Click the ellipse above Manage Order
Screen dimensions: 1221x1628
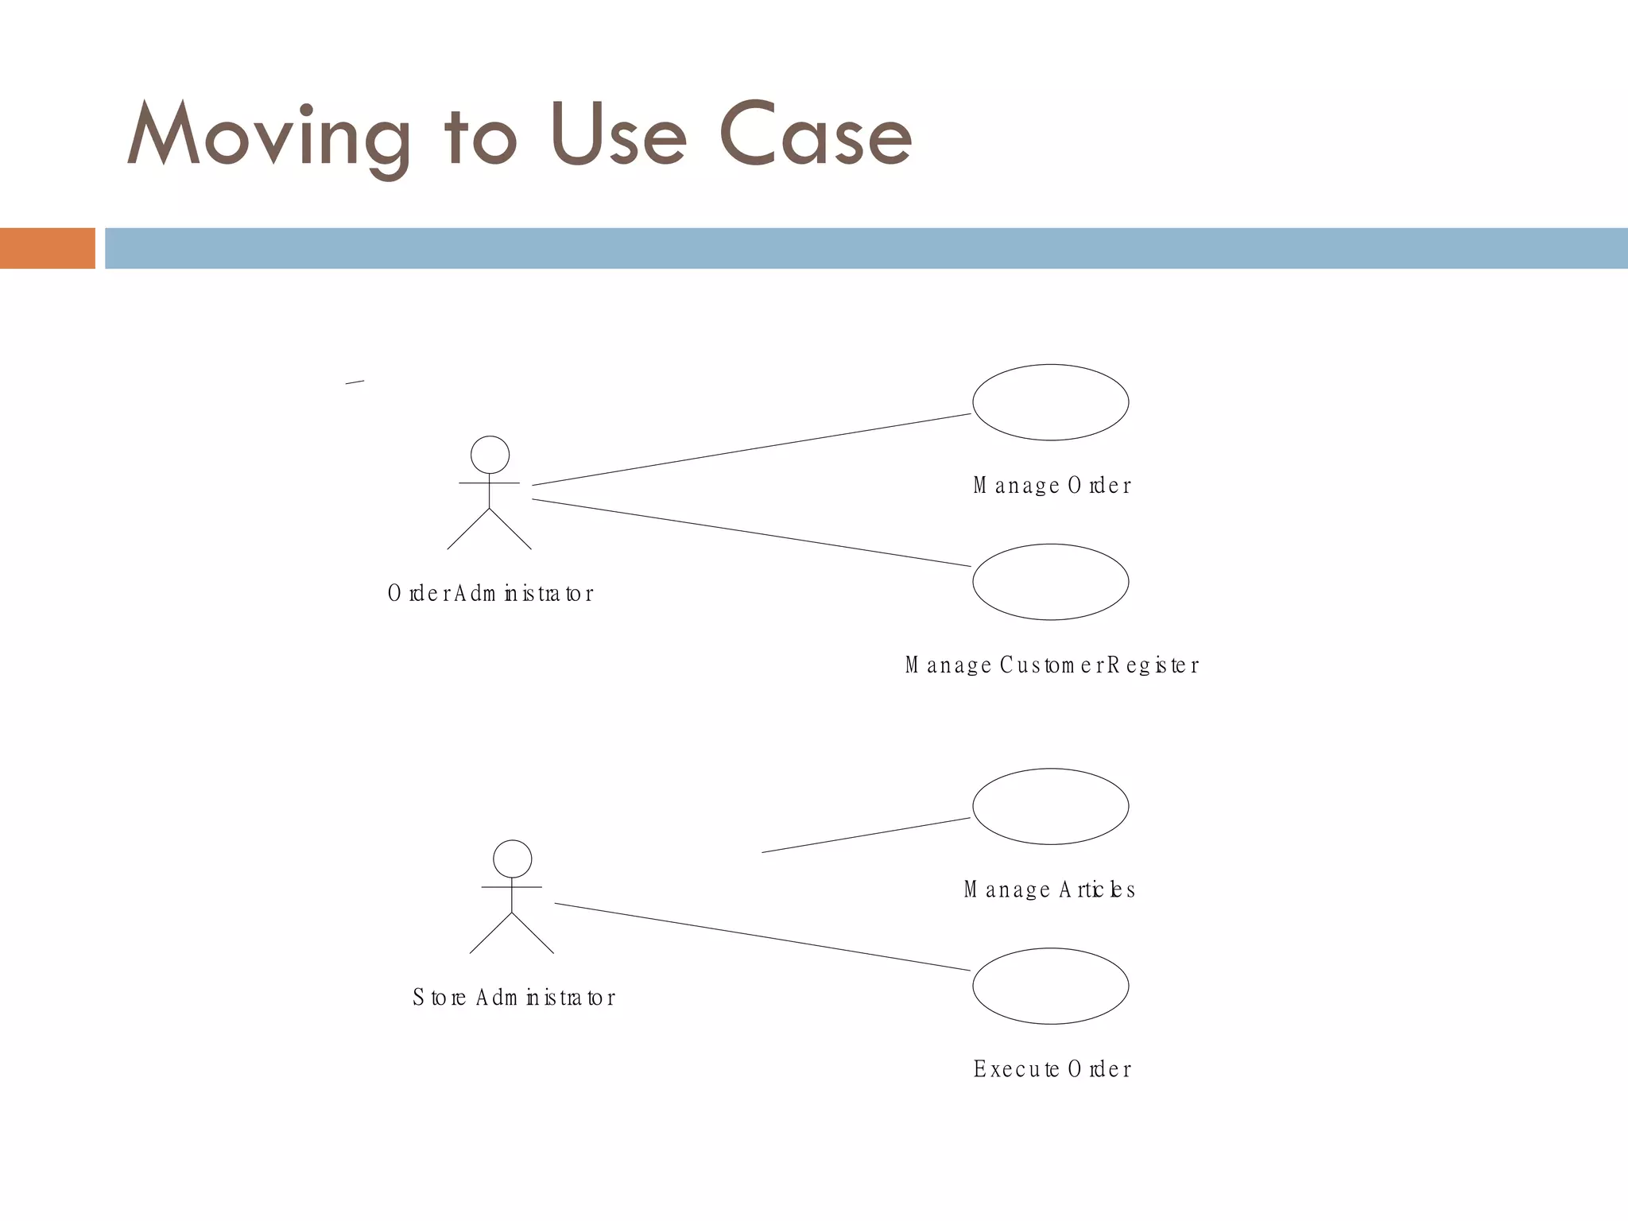point(1050,402)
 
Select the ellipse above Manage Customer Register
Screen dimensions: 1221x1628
point(1050,582)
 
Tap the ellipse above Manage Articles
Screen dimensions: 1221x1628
point(1050,806)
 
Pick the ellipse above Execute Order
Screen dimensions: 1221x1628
point(1050,986)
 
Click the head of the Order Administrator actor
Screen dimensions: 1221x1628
point(490,455)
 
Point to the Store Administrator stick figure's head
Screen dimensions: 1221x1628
point(512,859)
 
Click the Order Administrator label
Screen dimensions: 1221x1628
point(490,594)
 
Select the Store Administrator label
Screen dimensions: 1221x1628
point(514,998)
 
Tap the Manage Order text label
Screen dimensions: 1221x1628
point(1052,486)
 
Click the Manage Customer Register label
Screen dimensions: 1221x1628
point(1052,665)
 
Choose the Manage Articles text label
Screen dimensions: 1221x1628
point(1049,890)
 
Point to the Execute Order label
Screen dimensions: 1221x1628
point(1052,1069)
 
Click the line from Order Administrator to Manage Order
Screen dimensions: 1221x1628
point(751,449)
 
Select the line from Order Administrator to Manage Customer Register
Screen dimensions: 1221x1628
point(751,533)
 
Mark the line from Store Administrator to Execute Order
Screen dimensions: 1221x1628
point(762,936)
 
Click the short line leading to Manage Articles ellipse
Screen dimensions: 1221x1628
point(866,835)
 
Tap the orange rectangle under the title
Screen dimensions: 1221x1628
point(47,248)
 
